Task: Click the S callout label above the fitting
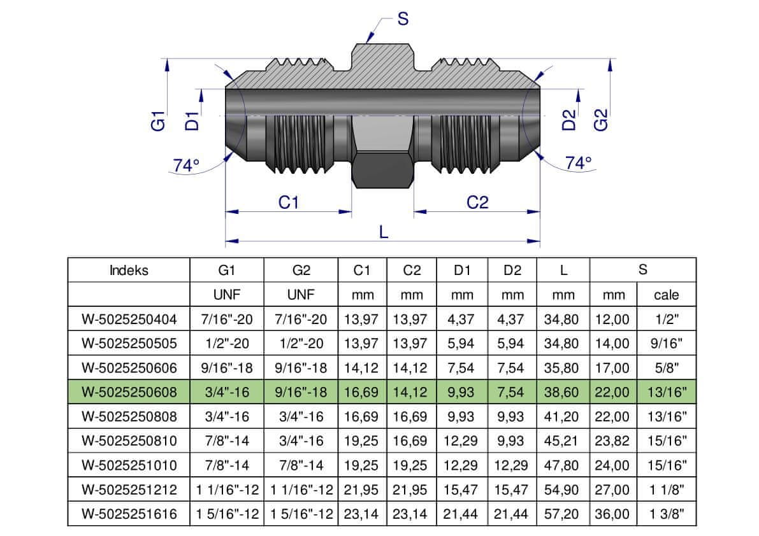point(403,19)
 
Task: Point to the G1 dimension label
point(158,120)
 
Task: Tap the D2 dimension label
point(569,120)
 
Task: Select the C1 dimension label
point(289,202)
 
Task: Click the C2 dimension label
point(477,202)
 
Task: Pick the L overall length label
point(384,232)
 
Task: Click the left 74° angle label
point(186,166)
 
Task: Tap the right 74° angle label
point(579,163)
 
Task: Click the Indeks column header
point(129,270)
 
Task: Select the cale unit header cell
point(666,295)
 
